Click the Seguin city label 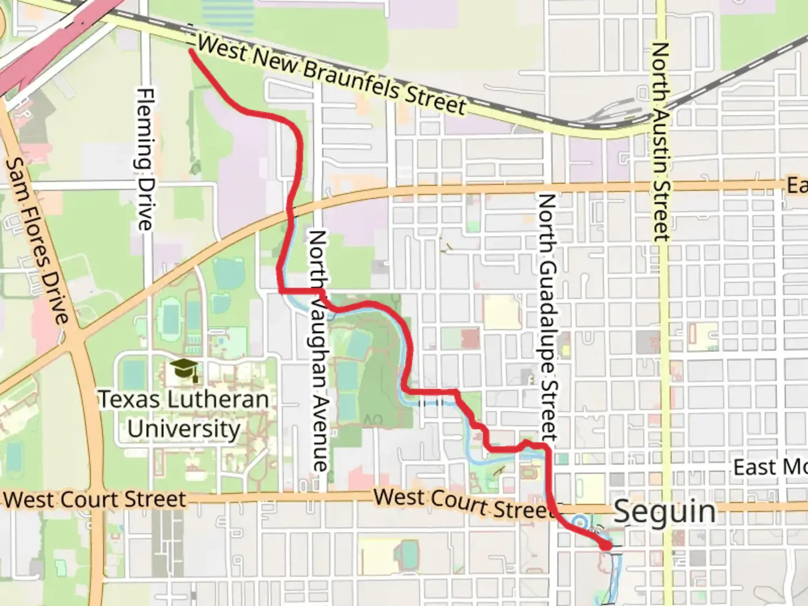click(x=665, y=512)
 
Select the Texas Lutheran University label click(x=184, y=414)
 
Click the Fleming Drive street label click(x=145, y=159)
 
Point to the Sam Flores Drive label click(x=38, y=241)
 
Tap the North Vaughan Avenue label click(x=318, y=351)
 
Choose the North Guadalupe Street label click(x=548, y=318)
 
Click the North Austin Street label click(x=661, y=142)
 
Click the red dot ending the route click(x=606, y=545)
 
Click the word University click(x=184, y=429)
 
